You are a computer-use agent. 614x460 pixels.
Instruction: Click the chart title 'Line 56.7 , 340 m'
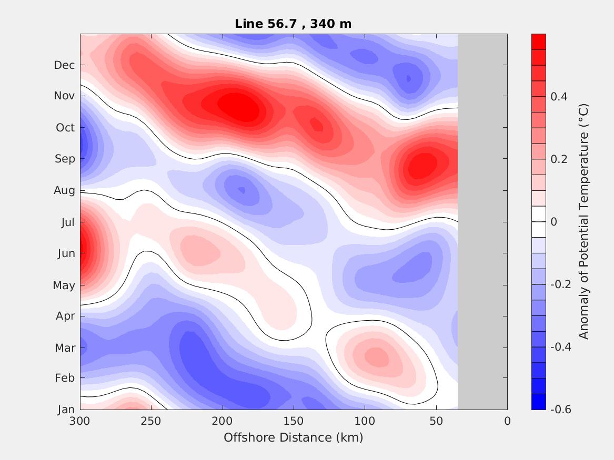293,24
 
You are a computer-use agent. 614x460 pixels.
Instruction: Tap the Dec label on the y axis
64,65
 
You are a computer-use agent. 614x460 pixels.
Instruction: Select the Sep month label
65,159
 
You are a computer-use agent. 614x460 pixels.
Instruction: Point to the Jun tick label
66,253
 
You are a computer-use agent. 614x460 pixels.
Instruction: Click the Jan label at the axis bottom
66,410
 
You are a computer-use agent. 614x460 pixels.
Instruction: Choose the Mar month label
65,347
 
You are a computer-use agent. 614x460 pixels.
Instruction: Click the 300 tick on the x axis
80,421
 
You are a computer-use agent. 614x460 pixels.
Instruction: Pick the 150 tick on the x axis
294,421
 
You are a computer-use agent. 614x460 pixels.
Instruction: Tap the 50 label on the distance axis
436,421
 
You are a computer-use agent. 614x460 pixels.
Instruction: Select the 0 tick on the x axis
507,421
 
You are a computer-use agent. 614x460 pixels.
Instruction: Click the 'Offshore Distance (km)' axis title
293,437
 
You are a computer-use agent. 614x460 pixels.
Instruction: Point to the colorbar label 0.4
559,97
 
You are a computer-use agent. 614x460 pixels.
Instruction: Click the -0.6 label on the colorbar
560,410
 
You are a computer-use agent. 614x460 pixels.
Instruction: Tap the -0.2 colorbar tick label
560,284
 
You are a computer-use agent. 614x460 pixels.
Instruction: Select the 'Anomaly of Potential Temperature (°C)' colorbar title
583,221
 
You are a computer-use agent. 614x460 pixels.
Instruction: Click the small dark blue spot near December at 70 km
409,79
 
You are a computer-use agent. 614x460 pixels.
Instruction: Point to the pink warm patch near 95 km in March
376,357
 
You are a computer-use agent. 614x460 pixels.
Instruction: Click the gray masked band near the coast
482,221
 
